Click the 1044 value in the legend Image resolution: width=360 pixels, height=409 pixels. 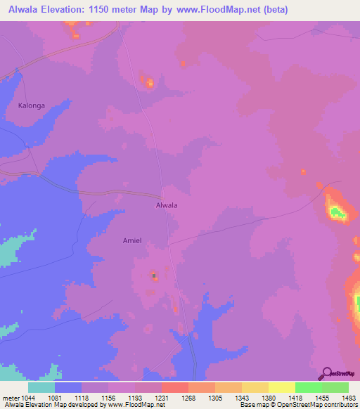click(x=27, y=398)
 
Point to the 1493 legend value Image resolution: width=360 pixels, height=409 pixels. click(x=348, y=398)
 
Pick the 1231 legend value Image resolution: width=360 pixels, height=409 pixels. click(x=161, y=398)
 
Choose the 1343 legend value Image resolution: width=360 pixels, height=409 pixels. click(x=241, y=398)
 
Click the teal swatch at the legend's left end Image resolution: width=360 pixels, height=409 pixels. click(x=41, y=387)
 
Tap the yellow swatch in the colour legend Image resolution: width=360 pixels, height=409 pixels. click(x=282, y=387)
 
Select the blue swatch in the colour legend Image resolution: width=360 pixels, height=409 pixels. click(x=67, y=387)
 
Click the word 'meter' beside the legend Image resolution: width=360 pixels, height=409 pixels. click(x=9, y=398)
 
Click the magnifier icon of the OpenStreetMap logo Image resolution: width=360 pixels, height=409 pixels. click(x=326, y=373)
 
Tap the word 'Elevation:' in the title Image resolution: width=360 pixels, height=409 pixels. click(x=71, y=10)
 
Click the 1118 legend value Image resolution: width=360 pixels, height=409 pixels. click(x=81, y=398)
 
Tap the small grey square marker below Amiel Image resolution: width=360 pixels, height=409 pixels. click(x=154, y=275)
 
